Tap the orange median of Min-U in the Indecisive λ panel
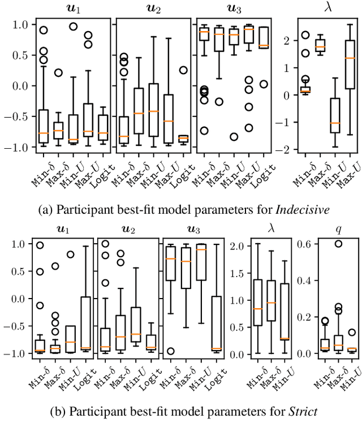point(336,123)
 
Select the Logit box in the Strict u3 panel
point(216,323)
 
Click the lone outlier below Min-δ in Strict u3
point(171,351)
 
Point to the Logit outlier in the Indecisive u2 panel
point(183,70)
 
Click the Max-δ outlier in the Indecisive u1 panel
point(58,72)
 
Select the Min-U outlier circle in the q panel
point(352,333)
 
